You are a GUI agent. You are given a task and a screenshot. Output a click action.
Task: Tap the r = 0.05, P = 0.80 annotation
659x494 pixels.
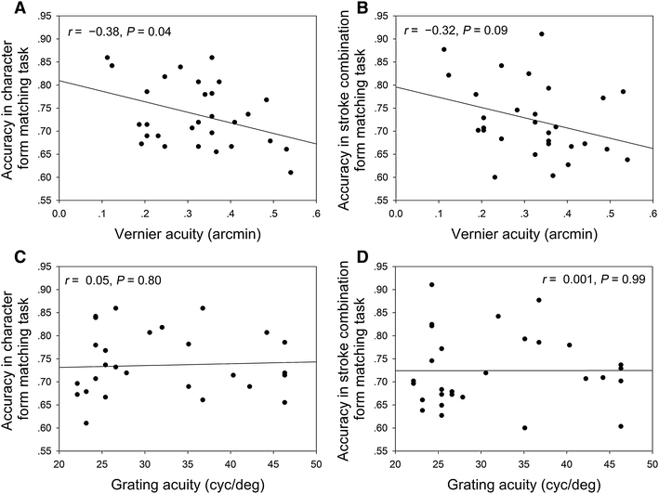pyautogui.click(x=122, y=278)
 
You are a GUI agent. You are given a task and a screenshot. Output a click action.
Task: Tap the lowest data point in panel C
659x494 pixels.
pyautogui.click(x=86, y=422)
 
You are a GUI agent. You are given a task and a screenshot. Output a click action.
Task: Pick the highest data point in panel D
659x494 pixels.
pyautogui.click(x=431, y=285)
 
